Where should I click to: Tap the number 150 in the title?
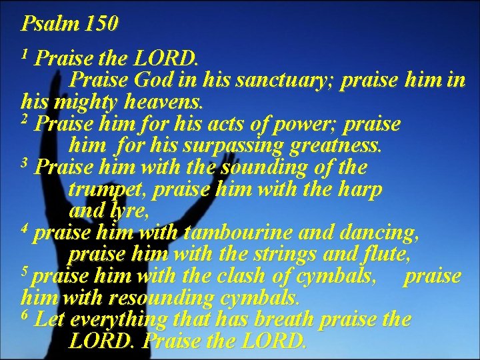(101, 24)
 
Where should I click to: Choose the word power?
(313, 125)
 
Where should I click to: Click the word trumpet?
(108, 190)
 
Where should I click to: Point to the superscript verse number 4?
(25, 229)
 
